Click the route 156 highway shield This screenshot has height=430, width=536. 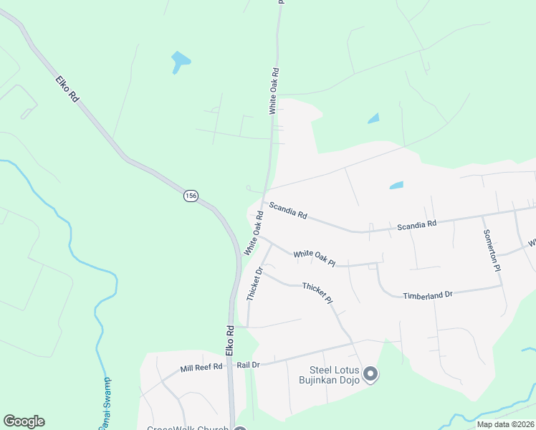[190, 196]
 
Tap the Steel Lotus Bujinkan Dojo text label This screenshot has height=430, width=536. [328, 375]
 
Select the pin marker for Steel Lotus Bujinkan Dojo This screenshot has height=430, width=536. [370, 373]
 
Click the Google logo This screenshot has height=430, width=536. [24, 421]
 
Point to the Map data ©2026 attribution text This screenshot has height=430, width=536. [505, 424]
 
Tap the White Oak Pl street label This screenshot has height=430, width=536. [314, 258]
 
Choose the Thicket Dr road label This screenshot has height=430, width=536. [254, 284]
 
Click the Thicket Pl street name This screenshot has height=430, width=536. [317, 292]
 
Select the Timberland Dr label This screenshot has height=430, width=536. [428, 295]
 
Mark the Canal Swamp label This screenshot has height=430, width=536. [105, 405]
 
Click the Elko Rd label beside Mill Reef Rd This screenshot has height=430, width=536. [230, 342]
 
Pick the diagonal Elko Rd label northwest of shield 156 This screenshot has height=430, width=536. [66, 89]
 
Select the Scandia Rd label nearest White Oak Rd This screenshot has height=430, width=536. [288, 211]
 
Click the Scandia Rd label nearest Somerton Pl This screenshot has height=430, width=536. [417, 224]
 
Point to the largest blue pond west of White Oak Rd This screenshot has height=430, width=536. [180, 62]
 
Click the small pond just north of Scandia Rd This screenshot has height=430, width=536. [396, 185]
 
